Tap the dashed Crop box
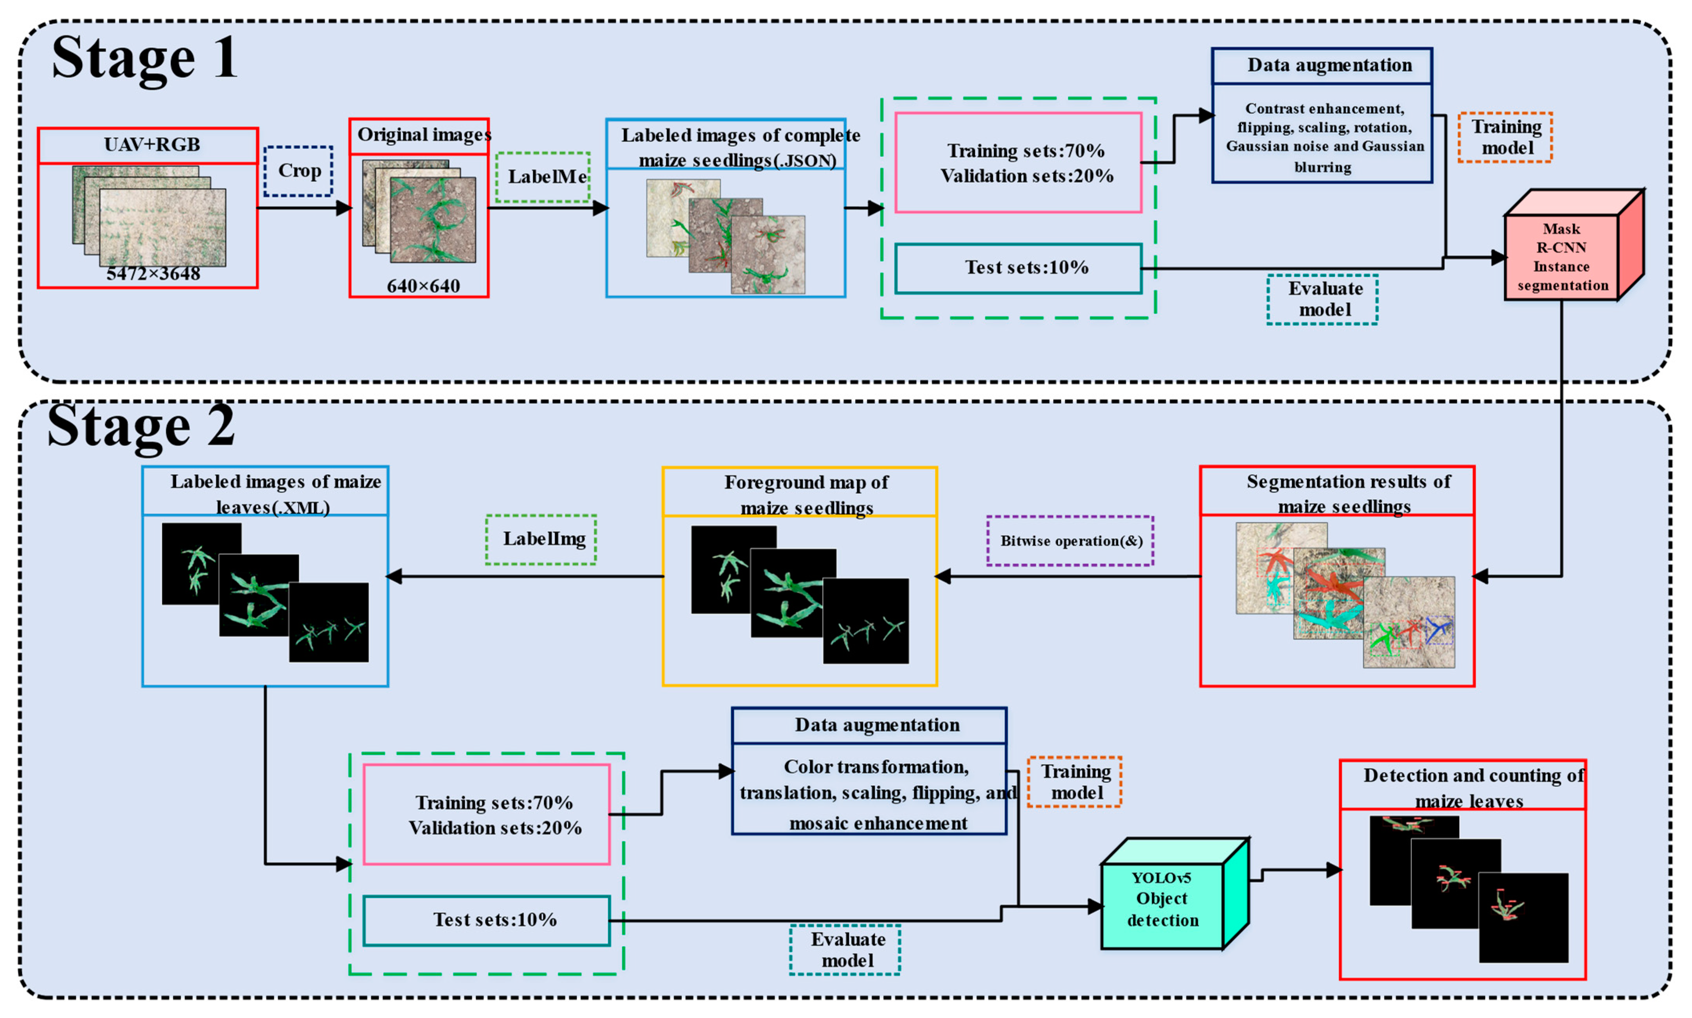(298, 171)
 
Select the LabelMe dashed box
(543, 177)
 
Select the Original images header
(420, 135)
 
